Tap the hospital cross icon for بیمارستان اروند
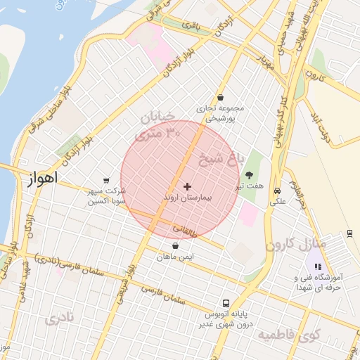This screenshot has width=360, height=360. tap(187, 186)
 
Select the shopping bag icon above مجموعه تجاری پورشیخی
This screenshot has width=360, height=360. tap(221, 98)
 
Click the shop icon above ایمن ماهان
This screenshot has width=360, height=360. tap(175, 245)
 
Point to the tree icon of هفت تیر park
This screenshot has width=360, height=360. tap(249, 174)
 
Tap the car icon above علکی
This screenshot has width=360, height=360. tap(278, 191)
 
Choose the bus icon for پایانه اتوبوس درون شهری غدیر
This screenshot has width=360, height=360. tap(224, 298)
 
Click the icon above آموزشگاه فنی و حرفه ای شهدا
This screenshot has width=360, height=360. tap(318, 267)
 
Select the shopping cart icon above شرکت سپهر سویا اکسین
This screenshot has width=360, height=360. tap(106, 180)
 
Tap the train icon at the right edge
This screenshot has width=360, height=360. tap(349, 232)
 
